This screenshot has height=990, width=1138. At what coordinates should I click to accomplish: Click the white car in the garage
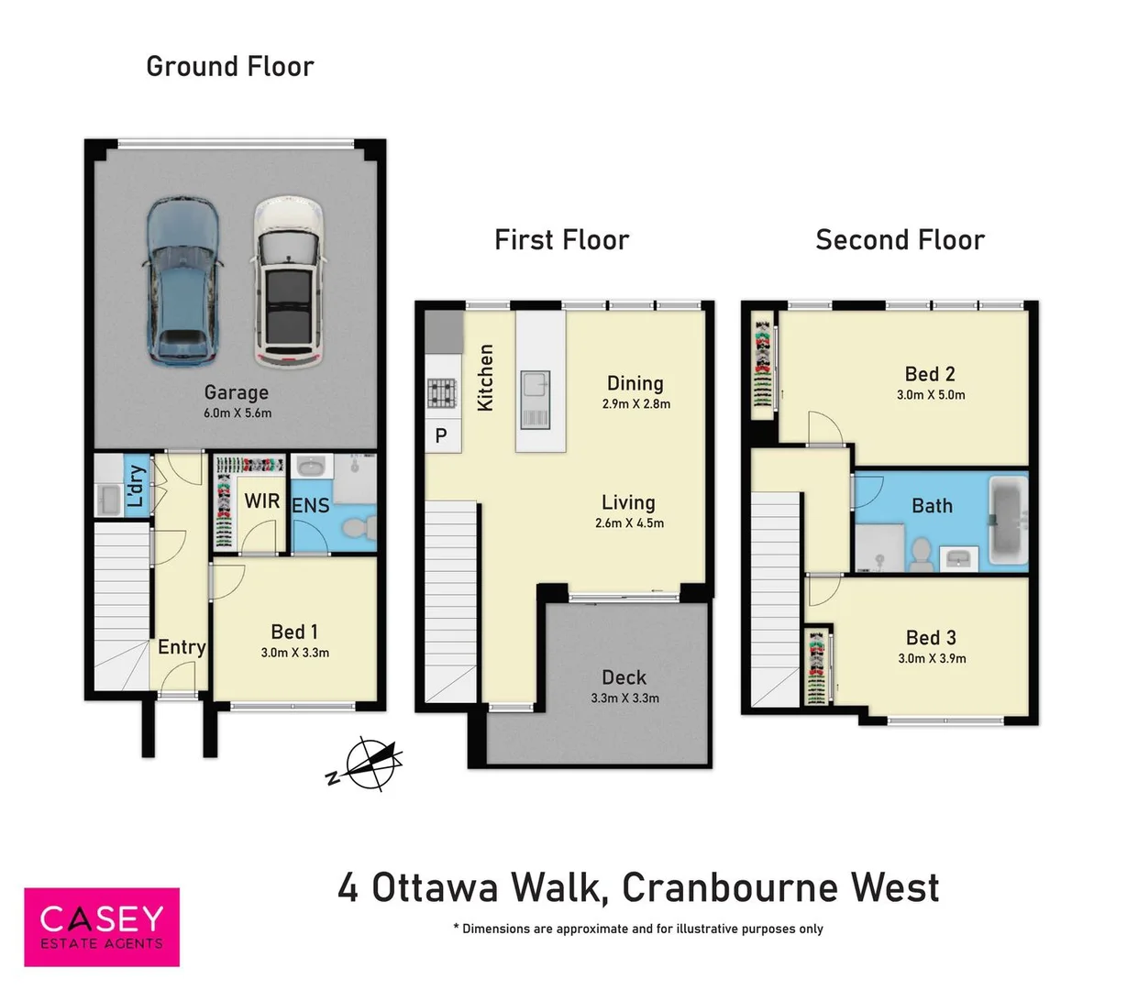pos(289,280)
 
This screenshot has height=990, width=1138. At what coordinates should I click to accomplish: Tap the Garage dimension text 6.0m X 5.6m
pos(238,413)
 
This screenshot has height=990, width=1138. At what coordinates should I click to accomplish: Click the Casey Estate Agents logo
pos(102,927)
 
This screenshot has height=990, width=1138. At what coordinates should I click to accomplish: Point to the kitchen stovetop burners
pos(441,393)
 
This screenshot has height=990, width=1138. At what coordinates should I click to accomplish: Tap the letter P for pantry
pos(441,436)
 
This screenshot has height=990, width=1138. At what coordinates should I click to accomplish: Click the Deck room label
pos(624,677)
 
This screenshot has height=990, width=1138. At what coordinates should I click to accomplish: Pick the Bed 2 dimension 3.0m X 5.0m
pos(931,395)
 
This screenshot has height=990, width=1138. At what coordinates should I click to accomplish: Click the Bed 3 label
pos(931,637)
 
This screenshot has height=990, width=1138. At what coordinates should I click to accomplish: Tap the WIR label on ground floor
pos(262,501)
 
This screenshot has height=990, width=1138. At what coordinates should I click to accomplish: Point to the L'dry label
pos(136,486)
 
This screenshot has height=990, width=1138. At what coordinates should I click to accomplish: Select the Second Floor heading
pos(900,240)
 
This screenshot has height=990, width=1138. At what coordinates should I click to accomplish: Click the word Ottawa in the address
pos(436,887)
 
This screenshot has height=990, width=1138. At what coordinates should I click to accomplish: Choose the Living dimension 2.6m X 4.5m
pos(629,523)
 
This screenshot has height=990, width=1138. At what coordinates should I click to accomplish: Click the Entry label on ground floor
pos(182,647)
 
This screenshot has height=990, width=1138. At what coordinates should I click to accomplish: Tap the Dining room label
pos(635,383)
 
